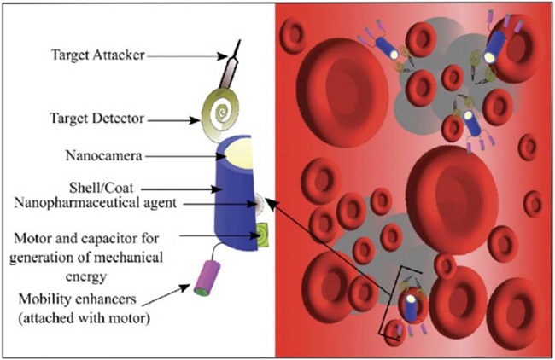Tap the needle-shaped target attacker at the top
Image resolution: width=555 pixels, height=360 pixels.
tap(233, 64)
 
